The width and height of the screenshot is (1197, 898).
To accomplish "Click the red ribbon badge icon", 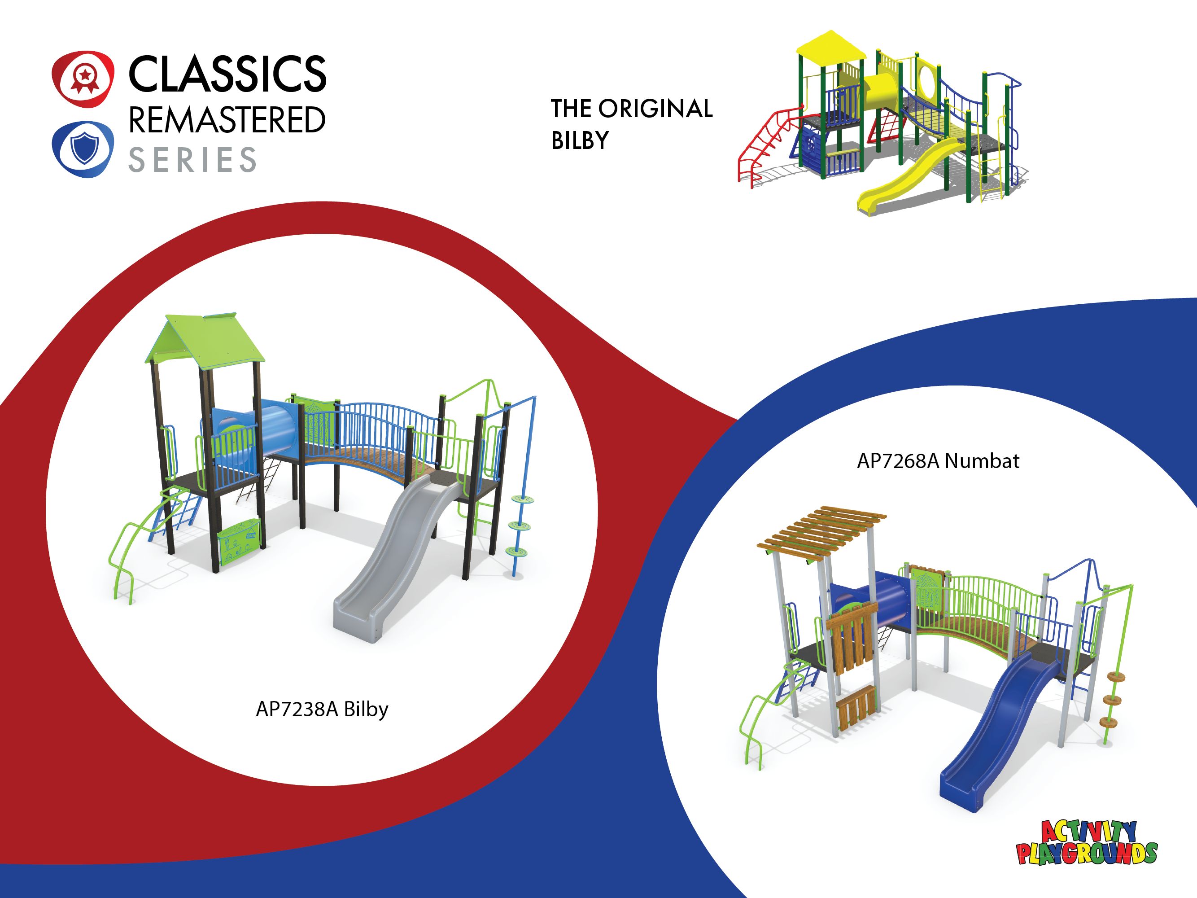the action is [83, 79].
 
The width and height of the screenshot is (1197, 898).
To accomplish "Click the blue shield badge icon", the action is [83, 149].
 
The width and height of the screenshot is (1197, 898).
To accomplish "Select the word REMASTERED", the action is [227, 120].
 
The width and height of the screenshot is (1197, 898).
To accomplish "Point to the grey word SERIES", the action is [192, 160].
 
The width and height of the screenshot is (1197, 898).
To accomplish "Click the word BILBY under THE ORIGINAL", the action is [580, 141].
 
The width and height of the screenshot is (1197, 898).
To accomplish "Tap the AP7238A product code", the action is [297, 709].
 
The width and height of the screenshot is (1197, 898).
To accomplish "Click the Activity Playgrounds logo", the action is [1087, 843].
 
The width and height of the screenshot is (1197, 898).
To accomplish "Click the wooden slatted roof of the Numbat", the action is [821, 531].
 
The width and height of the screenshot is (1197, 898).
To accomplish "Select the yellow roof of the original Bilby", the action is [830, 46].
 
